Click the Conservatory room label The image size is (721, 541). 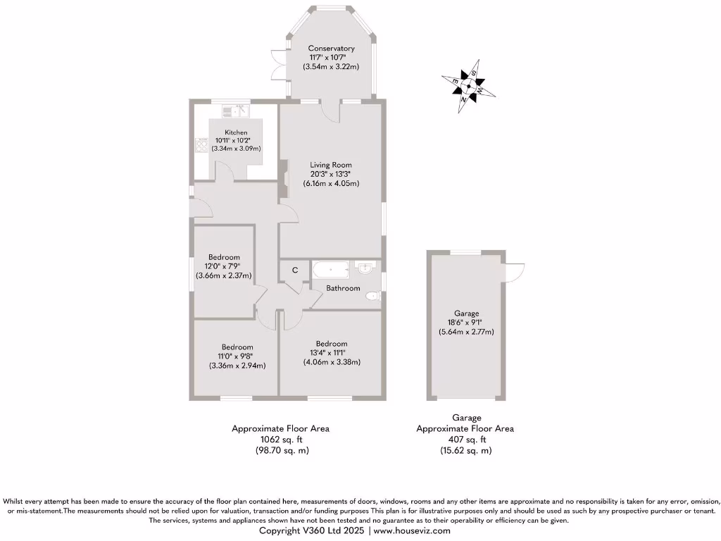(331, 49)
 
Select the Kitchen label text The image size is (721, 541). (236, 132)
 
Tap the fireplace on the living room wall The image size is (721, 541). (284, 180)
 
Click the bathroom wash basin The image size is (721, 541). (365, 268)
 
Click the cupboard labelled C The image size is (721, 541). (295, 270)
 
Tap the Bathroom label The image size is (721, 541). (343, 288)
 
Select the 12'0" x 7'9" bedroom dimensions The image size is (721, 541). (223, 266)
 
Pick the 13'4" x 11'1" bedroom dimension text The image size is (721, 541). (331, 353)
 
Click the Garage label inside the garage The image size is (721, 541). (466, 313)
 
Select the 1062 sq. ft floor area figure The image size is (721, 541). (280, 439)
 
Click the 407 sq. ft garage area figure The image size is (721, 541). (465, 439)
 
